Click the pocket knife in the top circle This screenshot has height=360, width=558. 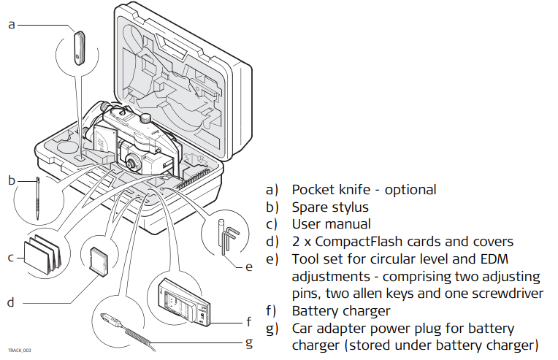tap(78, 47)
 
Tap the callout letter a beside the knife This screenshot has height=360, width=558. tap(11, 25)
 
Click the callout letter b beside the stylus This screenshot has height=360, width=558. tap(12, 180)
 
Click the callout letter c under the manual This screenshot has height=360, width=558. tap(12, 257)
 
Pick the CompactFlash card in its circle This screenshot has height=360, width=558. tap(98, 260)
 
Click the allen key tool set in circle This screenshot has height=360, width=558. tap(227, 237)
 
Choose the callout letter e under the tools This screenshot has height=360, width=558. tap(249, 267)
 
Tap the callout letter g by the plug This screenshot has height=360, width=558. tap(249, 342)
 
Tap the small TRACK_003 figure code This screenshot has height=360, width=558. tap(20, 351)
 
